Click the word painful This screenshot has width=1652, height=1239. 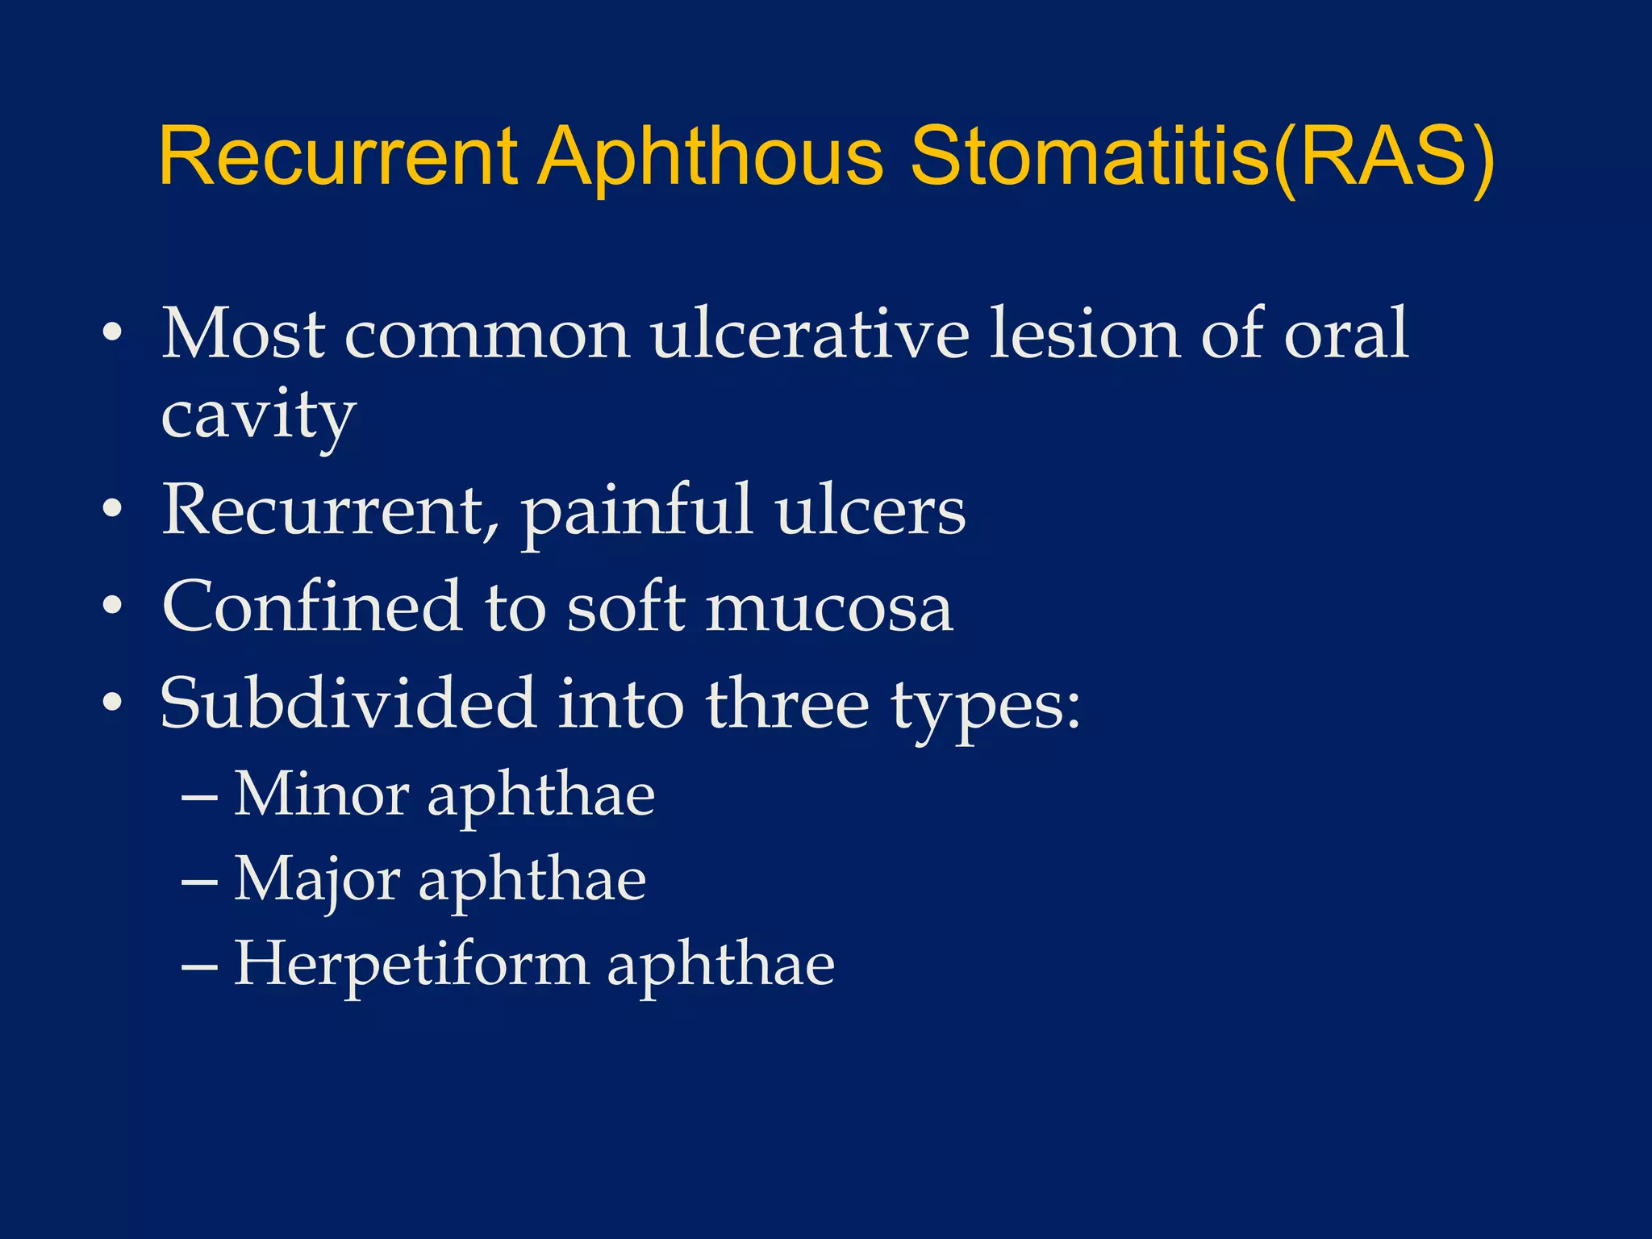click(636, 511)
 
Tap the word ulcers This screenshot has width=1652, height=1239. click(870, 511)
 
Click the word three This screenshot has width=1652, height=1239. click(787, 703)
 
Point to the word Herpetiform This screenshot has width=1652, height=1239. click(411, 965)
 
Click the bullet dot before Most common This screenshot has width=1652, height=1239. click(112, 333)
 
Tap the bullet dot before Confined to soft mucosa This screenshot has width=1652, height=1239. click(112, 606)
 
